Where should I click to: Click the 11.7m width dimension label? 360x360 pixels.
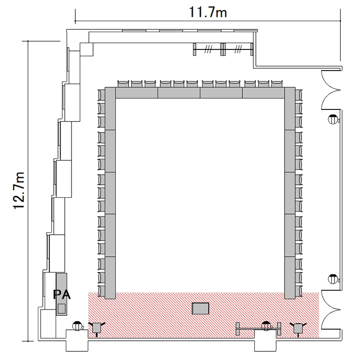coord(208,12)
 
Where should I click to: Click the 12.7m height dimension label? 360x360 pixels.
coord(19,191)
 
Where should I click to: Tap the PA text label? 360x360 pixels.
coord(62,295)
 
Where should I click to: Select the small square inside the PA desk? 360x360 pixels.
coord(61,308)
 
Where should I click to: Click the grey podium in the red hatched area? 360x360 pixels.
coord(201,308)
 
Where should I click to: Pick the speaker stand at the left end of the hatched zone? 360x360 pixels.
coord(97,328)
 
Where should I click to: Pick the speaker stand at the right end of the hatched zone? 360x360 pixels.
coord(298,328)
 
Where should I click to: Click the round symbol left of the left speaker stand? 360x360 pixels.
coord(77,326)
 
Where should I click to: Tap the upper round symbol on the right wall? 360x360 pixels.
coord(333,119)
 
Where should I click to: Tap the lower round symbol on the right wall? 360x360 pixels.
coord(333,279)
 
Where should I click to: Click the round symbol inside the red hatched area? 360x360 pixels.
coord(266,326)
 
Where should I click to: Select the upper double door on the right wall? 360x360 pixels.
coord(331,90)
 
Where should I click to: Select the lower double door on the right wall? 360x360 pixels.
coord(331,310)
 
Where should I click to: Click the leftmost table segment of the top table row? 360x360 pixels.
coord(137,93)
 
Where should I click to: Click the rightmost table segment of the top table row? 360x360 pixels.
coord(264,93)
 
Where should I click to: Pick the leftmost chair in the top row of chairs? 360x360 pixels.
coord(123,84)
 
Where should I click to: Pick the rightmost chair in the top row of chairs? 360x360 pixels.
coord(277,84)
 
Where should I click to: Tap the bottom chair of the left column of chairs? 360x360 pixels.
coord(101,291)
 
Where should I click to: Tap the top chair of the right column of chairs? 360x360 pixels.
coord(299,95)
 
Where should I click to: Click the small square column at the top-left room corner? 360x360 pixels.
coord(86,49)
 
